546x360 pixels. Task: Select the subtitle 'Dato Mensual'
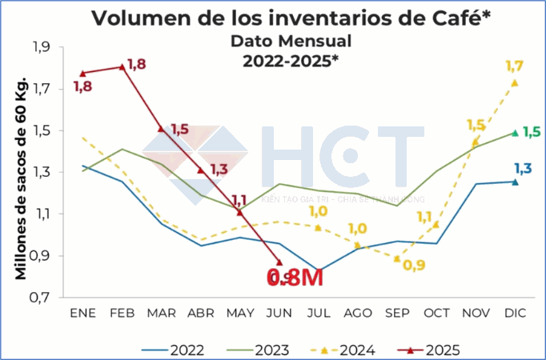(x=291, y=40)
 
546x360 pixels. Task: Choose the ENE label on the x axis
(x=82, y=314)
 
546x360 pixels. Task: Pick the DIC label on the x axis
(x=515, y=314)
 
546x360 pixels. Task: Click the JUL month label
(x=319, y=314)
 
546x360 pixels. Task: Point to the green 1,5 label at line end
(x=531, y=133)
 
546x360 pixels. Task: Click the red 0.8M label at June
(x=295, y=278)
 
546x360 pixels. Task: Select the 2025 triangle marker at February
(x=122, y=67)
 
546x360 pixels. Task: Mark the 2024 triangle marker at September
(x=396, y=258)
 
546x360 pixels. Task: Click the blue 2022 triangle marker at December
(x=515, y=182)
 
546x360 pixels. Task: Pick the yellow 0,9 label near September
(x=414, y=265)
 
